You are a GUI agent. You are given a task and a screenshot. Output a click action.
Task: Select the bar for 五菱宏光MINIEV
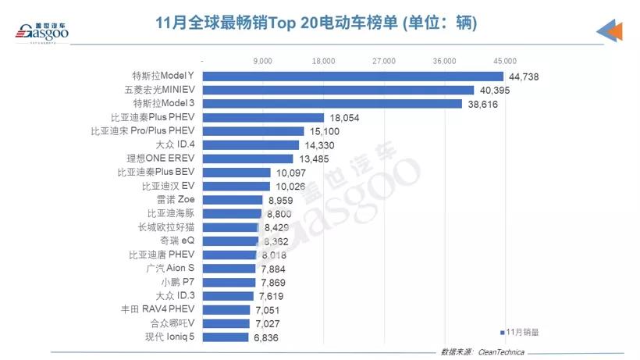click(x=338, y=91)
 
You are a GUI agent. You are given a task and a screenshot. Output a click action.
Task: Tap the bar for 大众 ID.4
click(x=251, y=144)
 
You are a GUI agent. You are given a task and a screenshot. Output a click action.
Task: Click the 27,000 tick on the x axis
click(x=384, y=60)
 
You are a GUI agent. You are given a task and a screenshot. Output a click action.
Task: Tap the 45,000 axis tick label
click(x=505, y=60)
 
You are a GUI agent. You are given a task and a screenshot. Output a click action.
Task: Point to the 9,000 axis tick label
click(x=263, y=60)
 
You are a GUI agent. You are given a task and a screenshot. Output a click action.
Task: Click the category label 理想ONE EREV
click(x=159, y=159)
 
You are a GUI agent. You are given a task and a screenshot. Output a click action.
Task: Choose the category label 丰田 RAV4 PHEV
click(x=161, y=310)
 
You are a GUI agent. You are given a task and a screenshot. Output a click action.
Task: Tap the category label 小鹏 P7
click(x=177, y=282)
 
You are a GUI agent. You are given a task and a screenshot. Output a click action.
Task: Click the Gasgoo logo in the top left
click(x=40, y=33)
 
